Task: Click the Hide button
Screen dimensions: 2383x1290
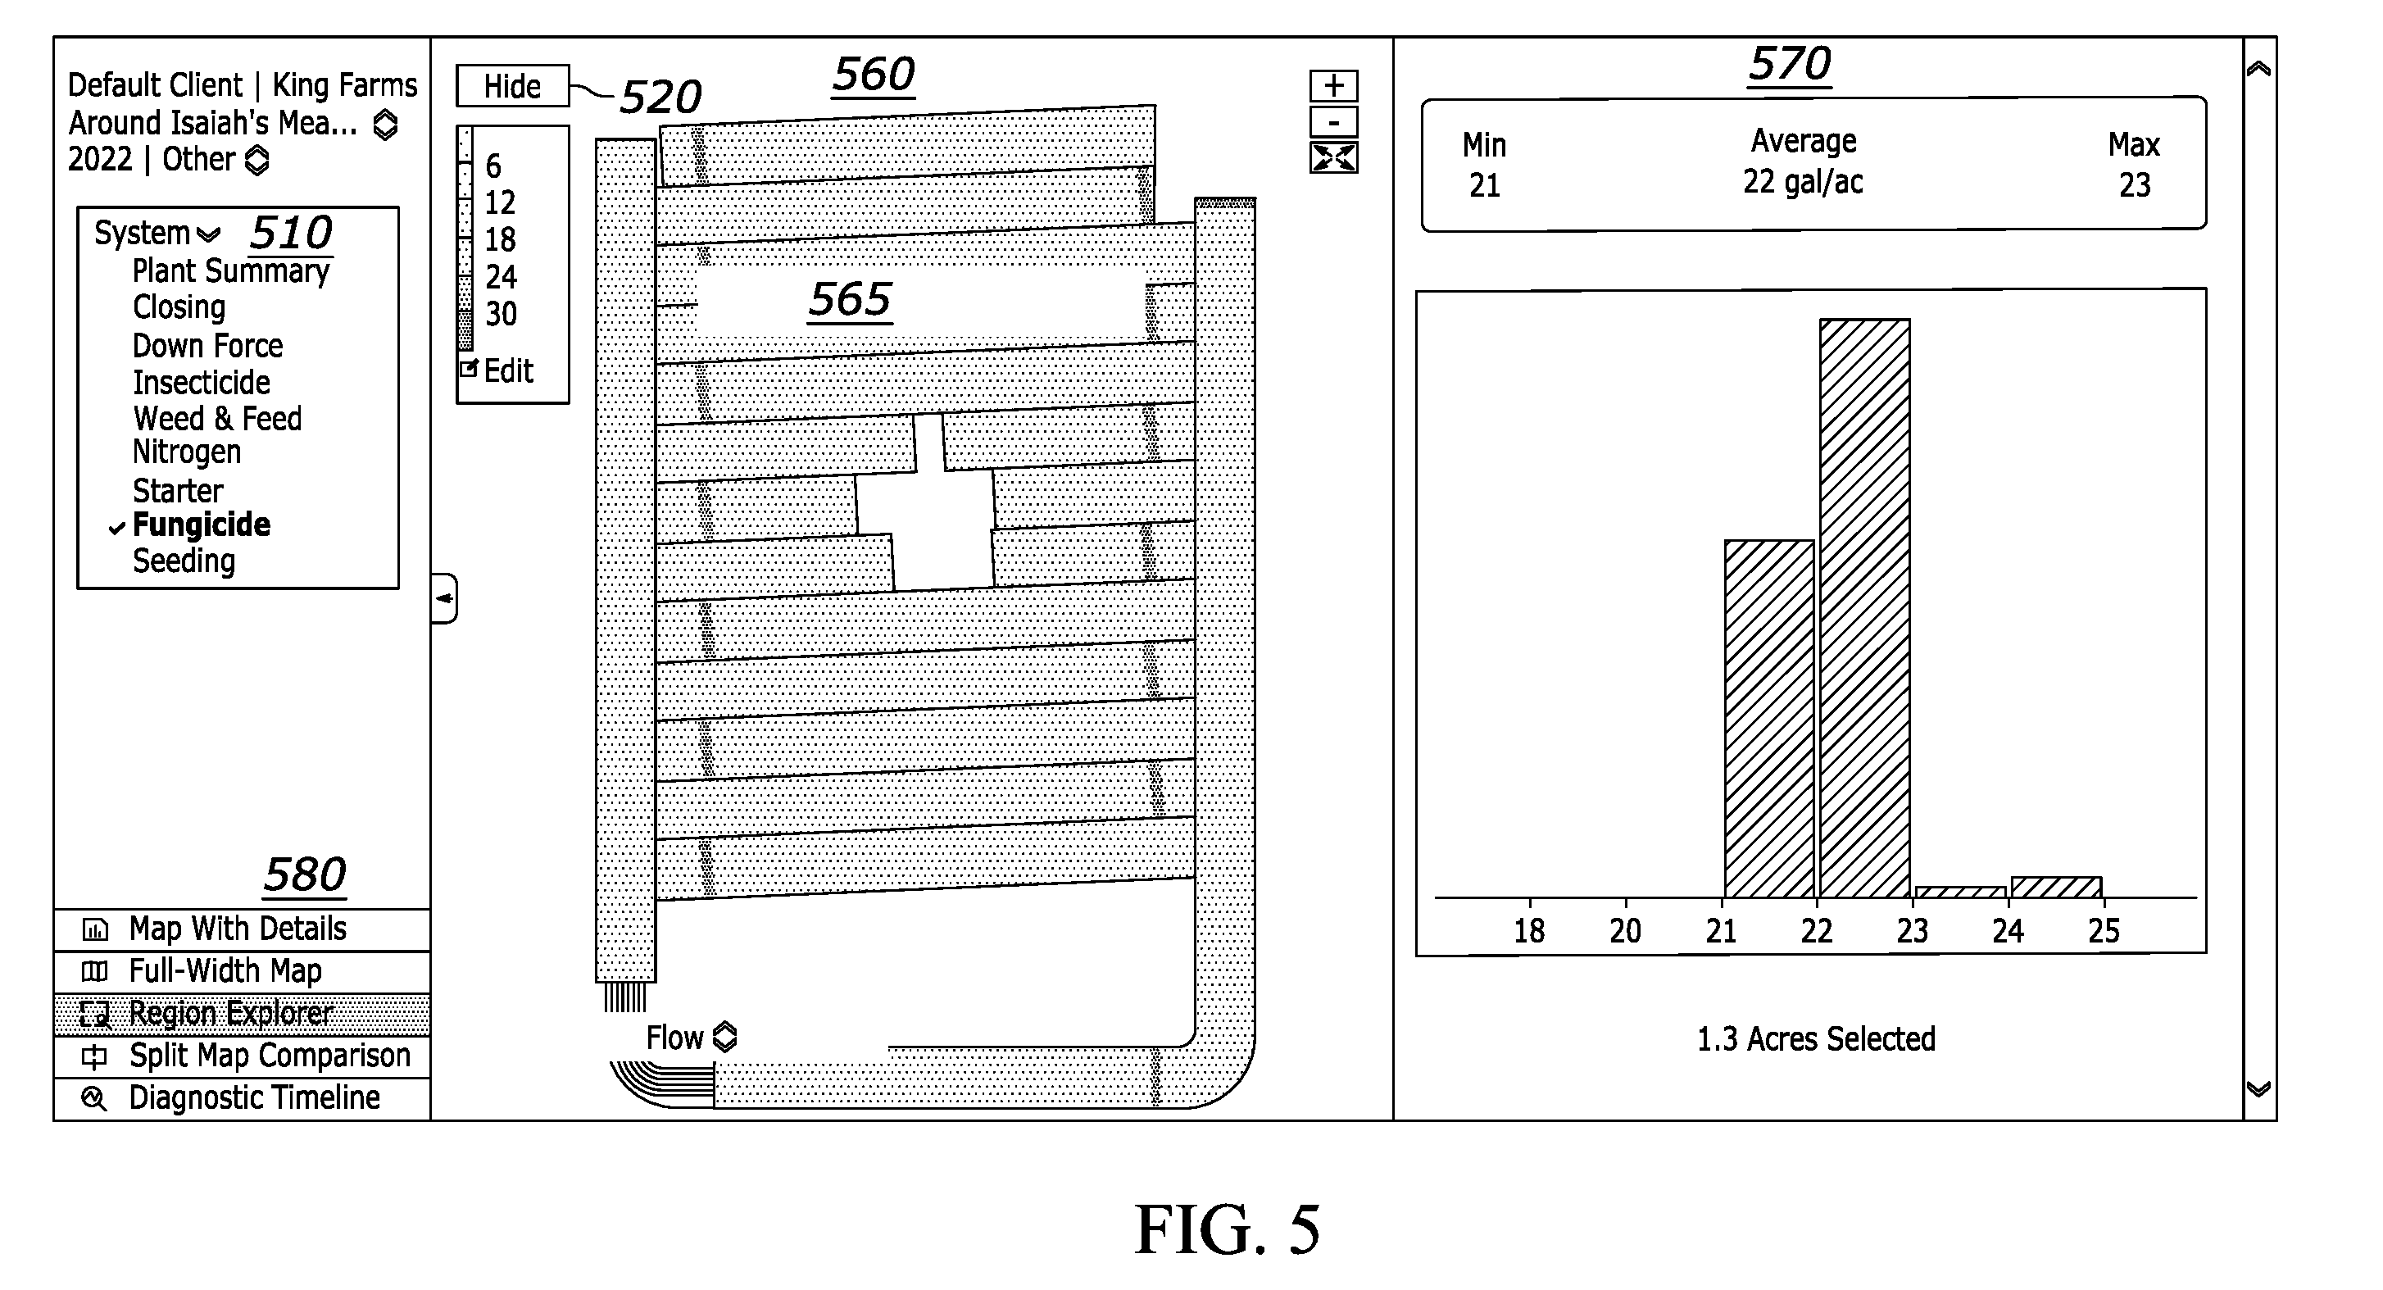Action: [x=512, y=86]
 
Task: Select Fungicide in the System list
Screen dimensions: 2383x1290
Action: [x=202, y=525]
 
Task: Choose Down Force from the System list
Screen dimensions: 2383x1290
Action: [x=207, y=345]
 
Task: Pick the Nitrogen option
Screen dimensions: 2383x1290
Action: [x=187, y=452]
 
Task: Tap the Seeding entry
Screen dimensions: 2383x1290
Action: [x=184, y=561]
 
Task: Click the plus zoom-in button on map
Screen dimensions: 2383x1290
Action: [x=1334, y=86]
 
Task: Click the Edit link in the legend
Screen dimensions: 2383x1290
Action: [x=508, y=371]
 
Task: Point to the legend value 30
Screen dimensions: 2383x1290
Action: [x=502, y=314]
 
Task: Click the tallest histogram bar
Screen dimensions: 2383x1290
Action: [x=1865, y=608]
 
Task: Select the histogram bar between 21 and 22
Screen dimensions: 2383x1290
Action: [x=1768, y=719]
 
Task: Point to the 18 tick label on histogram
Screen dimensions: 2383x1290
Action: [x=1529, y=930]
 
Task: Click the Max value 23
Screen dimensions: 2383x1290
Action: [x=2135, y=185]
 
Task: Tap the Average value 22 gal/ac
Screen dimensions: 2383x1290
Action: [x=1803, y=181]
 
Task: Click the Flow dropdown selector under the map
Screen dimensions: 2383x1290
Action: [x=691, y=1038]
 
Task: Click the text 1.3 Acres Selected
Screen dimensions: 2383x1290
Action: [x=1816, y=1039]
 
